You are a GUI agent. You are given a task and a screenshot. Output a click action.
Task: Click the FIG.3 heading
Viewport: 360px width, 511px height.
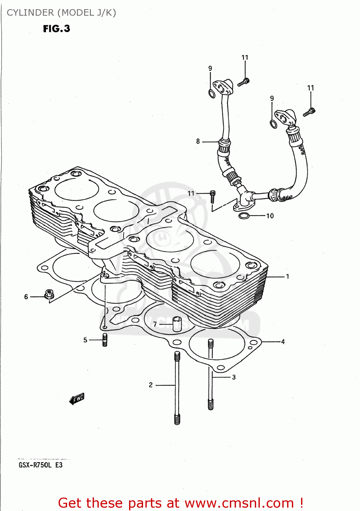click(x=57, y=29)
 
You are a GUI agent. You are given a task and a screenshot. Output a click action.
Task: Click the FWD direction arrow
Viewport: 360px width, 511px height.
click(x=77, y=398)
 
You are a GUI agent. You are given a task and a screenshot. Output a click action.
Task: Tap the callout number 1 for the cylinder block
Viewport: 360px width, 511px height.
click(x=287, y=276)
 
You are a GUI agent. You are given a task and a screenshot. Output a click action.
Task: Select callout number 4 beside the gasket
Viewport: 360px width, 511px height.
click(x=283, y=341)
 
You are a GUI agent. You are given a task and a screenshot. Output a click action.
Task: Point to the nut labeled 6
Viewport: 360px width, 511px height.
click(x=49, y=294)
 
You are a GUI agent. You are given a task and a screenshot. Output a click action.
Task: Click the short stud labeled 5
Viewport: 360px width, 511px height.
click(x=105, y=340)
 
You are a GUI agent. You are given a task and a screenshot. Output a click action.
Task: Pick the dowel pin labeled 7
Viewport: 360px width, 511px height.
click(x=177, y=324)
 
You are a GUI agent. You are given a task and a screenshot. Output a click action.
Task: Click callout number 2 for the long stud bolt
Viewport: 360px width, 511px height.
click(x=151, y=385)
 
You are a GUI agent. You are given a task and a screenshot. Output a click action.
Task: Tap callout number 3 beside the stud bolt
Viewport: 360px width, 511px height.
click(x=234, y=377)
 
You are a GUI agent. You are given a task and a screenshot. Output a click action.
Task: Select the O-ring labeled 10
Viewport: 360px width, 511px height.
click(x=244, y=216)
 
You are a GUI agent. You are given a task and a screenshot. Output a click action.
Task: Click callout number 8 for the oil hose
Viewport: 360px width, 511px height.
click(x=198, y=141)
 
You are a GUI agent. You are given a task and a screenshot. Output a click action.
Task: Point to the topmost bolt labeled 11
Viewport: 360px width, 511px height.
click(x=244, y=82)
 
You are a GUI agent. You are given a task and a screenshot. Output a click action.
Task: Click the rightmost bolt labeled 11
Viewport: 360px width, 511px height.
click(x=309, y=112)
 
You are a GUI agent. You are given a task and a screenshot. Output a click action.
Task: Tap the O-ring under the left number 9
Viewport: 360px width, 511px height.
click(x=212, y=93)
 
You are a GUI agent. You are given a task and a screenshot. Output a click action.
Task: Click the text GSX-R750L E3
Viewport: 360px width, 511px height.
click(x=41, y=465)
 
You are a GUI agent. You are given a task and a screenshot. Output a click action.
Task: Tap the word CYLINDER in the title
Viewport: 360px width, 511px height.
click(x=30, y=13)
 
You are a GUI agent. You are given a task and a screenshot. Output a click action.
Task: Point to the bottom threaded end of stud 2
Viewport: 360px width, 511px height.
click(x=177, y=419)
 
